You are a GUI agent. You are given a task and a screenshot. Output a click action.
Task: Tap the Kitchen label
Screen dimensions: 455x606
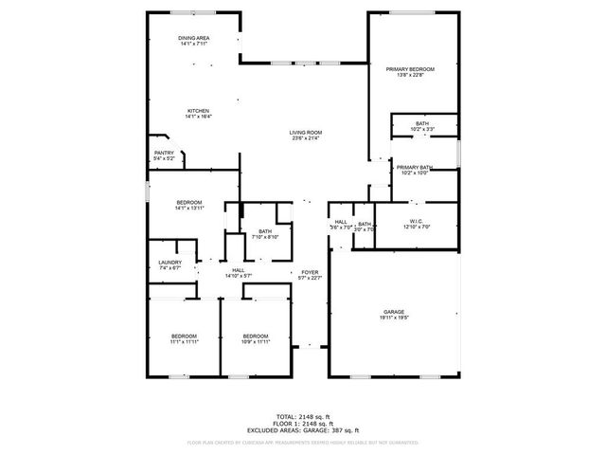[x=198, y=111]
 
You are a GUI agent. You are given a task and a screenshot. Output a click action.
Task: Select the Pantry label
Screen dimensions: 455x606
[x=164, y=153]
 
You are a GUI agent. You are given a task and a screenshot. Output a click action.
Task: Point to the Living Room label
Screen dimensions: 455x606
[x=306, y=133]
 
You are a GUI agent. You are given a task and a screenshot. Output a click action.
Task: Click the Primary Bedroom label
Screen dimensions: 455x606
[x=410, y=70]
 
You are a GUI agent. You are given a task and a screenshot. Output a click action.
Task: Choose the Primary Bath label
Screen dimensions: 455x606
[x=415, y=168]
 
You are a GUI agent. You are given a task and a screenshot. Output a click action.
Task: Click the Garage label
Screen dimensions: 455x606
[x=394, y=312]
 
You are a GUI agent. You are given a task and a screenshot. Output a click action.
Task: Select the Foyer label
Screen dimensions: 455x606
[x=310, y=271]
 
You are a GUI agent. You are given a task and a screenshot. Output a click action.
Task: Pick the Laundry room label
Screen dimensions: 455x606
[x=169, y=263]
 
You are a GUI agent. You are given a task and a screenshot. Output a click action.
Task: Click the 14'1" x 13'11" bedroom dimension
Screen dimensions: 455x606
[x=189, y=209]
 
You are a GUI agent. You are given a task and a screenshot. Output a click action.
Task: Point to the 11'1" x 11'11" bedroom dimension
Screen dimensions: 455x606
[x=184, y=342]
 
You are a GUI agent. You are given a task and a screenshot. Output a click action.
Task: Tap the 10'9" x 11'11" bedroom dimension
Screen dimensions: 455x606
[x=256, y=342]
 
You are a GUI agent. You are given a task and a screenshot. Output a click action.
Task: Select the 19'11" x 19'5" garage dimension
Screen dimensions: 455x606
[x=394, y=318]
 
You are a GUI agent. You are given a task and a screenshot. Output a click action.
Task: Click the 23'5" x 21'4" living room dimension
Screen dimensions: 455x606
[x=306, y=139]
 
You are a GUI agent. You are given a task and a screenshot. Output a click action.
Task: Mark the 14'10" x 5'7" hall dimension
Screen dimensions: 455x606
[x=239, y=277]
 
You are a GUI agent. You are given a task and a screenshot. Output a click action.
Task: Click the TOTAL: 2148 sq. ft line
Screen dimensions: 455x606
[x=302, y=416]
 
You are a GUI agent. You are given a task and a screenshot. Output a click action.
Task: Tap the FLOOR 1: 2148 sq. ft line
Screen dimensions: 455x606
[x=302, y=423]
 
